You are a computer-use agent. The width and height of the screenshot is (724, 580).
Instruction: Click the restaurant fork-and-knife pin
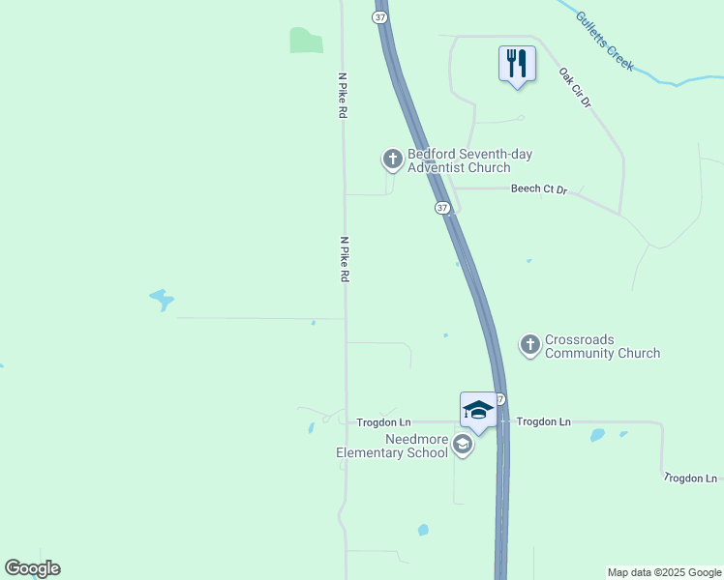click(517, 65)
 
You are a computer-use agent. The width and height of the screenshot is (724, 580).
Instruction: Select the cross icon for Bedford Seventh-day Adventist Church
click(392, 159)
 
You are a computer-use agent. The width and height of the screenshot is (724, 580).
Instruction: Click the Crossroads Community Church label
click(602, 346)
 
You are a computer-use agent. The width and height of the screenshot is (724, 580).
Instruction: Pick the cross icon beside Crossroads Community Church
click(529, 344)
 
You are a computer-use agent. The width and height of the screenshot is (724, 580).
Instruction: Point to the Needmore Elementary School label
click(391, 446)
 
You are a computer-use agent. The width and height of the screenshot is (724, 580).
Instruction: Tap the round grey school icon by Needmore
click(463, 445)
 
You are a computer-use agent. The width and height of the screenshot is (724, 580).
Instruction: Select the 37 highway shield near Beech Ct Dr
click(442, 208)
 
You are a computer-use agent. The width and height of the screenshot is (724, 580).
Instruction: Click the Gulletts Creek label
click(605, 41)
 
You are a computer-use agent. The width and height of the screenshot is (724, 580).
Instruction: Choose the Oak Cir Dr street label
click(574, 87)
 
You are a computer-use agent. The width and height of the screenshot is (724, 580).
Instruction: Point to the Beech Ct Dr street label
click(538, 189)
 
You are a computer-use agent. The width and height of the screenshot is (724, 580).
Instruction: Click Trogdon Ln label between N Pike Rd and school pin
click(384, 422)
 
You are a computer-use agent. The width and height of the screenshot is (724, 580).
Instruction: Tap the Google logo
click(32, 568)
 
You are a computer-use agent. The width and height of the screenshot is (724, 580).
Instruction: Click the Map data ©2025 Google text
click(663, 572)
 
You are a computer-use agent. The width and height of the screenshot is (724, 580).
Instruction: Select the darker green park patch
click(306, 40)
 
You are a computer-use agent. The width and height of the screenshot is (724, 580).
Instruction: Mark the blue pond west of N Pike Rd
click(162, 300)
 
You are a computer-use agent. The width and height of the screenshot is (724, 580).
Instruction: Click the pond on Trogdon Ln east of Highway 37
click(597, 435)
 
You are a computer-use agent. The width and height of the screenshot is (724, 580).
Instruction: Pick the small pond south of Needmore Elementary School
click(423, 530)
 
